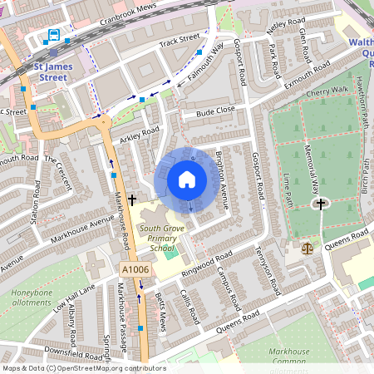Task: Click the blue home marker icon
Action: coord(187,180)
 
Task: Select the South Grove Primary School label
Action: coord(158,239)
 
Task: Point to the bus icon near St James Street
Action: coord(54,35)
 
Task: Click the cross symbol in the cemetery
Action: coord(320,203)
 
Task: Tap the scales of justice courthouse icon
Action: coord(308,247)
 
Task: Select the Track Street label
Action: coord(180,39)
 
